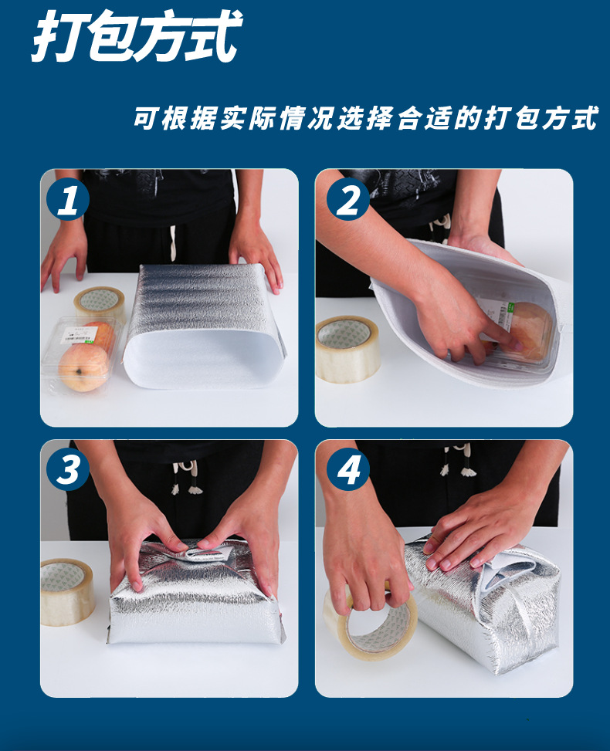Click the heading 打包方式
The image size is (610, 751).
click(x=137, y=36)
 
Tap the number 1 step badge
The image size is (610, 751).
click(x=68, y=199)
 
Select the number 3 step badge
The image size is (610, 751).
click(x=68, y=469)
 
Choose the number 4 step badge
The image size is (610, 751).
click(x=348, y=469)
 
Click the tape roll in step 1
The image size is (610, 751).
click(x=100, y=303)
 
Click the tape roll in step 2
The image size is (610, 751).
click(x=348, y=349)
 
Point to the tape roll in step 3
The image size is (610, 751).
click(x=67, y=593)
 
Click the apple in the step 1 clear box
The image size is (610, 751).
click(x=83, y=367)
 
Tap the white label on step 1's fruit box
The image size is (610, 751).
click(x=78, y=334)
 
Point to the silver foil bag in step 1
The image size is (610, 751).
click(x=205, y=325)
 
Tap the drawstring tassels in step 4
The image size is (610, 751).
click(x=458, y=460)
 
